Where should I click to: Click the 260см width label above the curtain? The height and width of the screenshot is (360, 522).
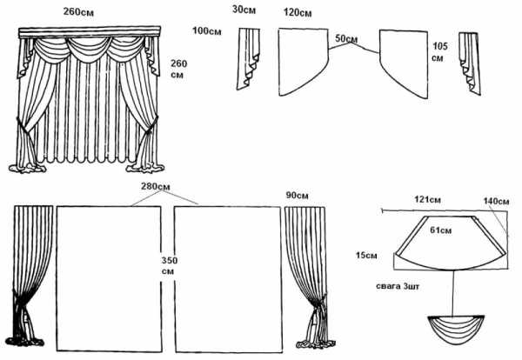pos(81,12)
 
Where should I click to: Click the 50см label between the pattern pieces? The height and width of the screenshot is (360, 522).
pos(346,39)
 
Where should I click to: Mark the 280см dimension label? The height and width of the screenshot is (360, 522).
pos(156,189)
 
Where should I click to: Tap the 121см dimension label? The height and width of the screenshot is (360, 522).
pos(429,200)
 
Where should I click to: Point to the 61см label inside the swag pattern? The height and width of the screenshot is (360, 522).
pos(440,230)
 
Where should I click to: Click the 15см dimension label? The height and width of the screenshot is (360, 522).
pos(366,255)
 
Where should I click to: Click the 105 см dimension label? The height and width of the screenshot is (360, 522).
pos(438,51)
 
